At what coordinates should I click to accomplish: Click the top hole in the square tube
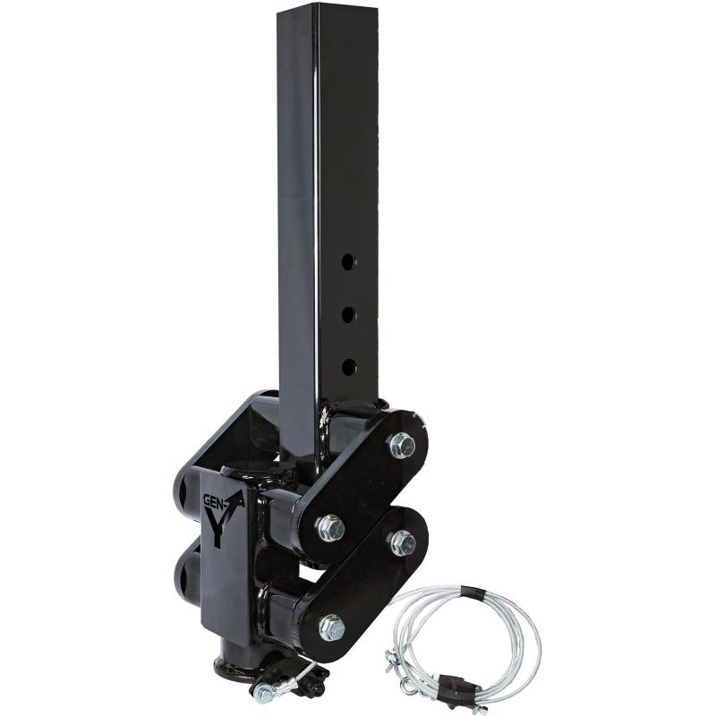coord(348,262)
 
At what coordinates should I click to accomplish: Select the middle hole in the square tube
coord(348,313)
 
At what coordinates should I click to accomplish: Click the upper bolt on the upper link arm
coord(402,445)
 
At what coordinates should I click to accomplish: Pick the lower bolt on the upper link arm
coord(330,528)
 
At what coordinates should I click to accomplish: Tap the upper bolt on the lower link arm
coord(402,541)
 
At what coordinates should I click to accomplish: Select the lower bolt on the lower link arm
coord(331,627)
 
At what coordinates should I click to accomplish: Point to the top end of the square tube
coord(328,11)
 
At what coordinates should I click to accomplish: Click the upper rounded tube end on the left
coord(183,488)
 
